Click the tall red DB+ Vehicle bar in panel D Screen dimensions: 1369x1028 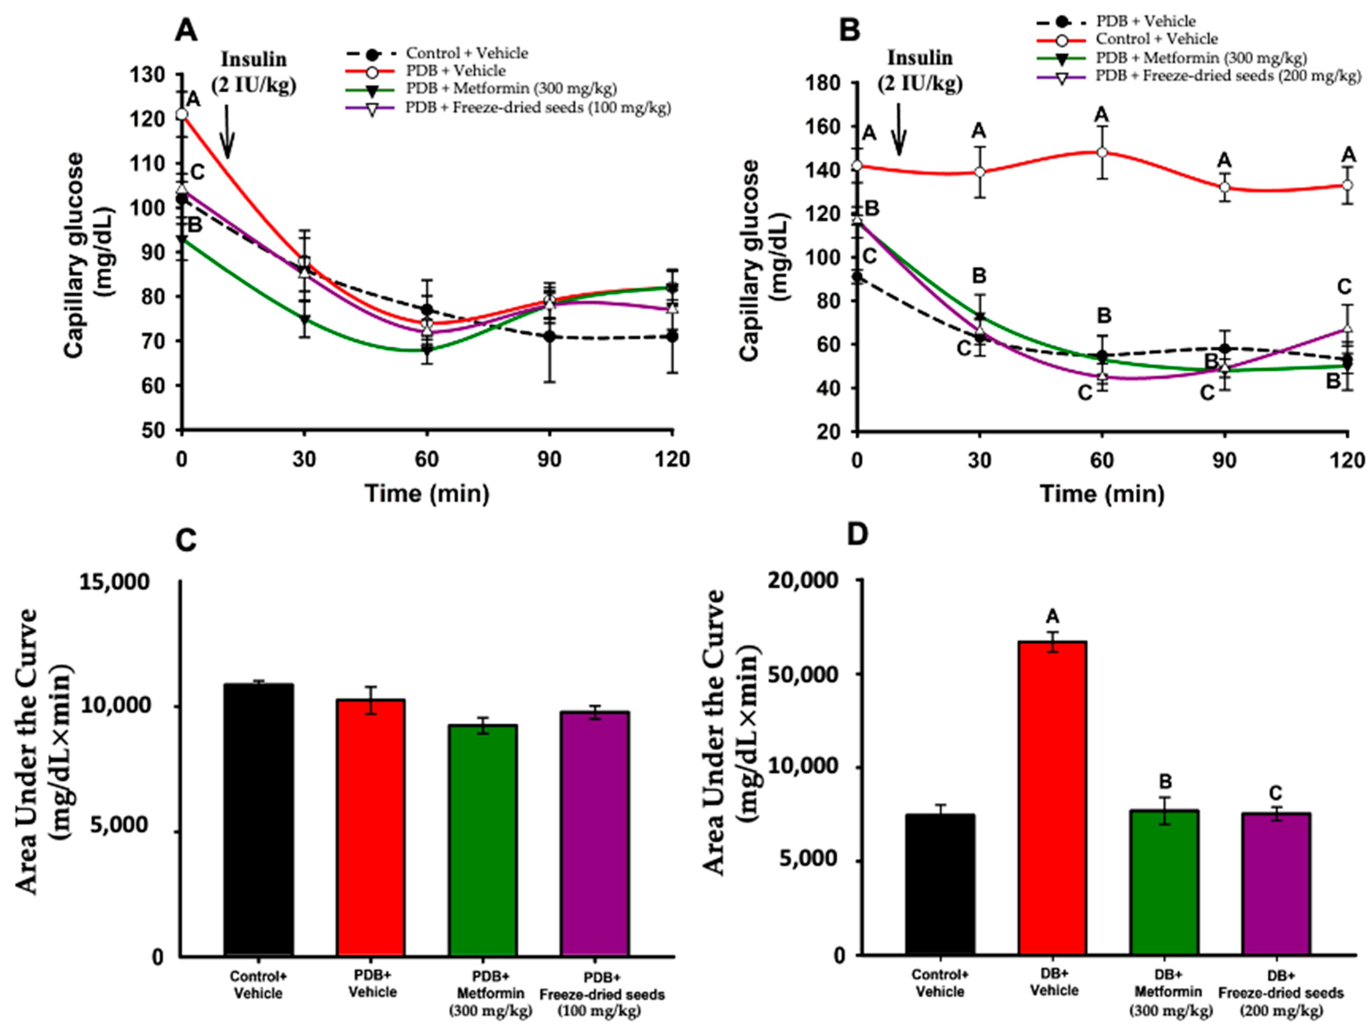[x=1052, y=798]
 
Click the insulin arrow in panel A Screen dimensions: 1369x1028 [x=228, y=131]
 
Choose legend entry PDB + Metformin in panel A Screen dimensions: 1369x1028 [x=481, y=89]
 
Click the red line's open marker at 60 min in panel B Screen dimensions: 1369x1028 [x=1102, y=152]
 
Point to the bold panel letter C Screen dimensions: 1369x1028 [x=186, y=541]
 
